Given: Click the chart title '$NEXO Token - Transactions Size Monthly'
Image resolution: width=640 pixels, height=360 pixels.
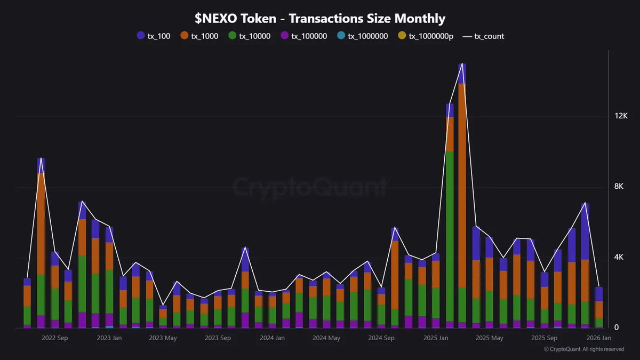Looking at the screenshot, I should click(319, 19).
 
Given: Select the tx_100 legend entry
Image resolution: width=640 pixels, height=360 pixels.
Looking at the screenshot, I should click(154, 36).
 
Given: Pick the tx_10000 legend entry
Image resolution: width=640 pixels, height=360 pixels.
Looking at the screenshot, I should click(250, 36).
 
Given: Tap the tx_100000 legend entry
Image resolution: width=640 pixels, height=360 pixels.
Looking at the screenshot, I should click(303, 36).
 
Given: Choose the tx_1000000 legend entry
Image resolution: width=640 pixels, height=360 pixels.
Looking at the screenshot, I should click(363, 36).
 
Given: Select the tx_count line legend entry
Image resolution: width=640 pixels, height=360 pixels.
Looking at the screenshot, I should click(483, 36).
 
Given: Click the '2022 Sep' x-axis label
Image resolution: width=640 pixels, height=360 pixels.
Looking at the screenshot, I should click(54, 338).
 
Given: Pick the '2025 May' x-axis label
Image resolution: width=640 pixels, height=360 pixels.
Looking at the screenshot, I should click(489, 338).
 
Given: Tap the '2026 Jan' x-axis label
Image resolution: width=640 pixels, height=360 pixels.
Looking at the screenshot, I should click(598, 338).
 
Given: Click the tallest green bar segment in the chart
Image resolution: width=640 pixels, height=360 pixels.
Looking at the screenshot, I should click(450, 235).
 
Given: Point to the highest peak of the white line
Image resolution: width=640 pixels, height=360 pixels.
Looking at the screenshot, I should click(462, 63).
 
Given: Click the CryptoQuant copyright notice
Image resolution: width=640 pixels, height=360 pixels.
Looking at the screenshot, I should click(583, 349).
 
